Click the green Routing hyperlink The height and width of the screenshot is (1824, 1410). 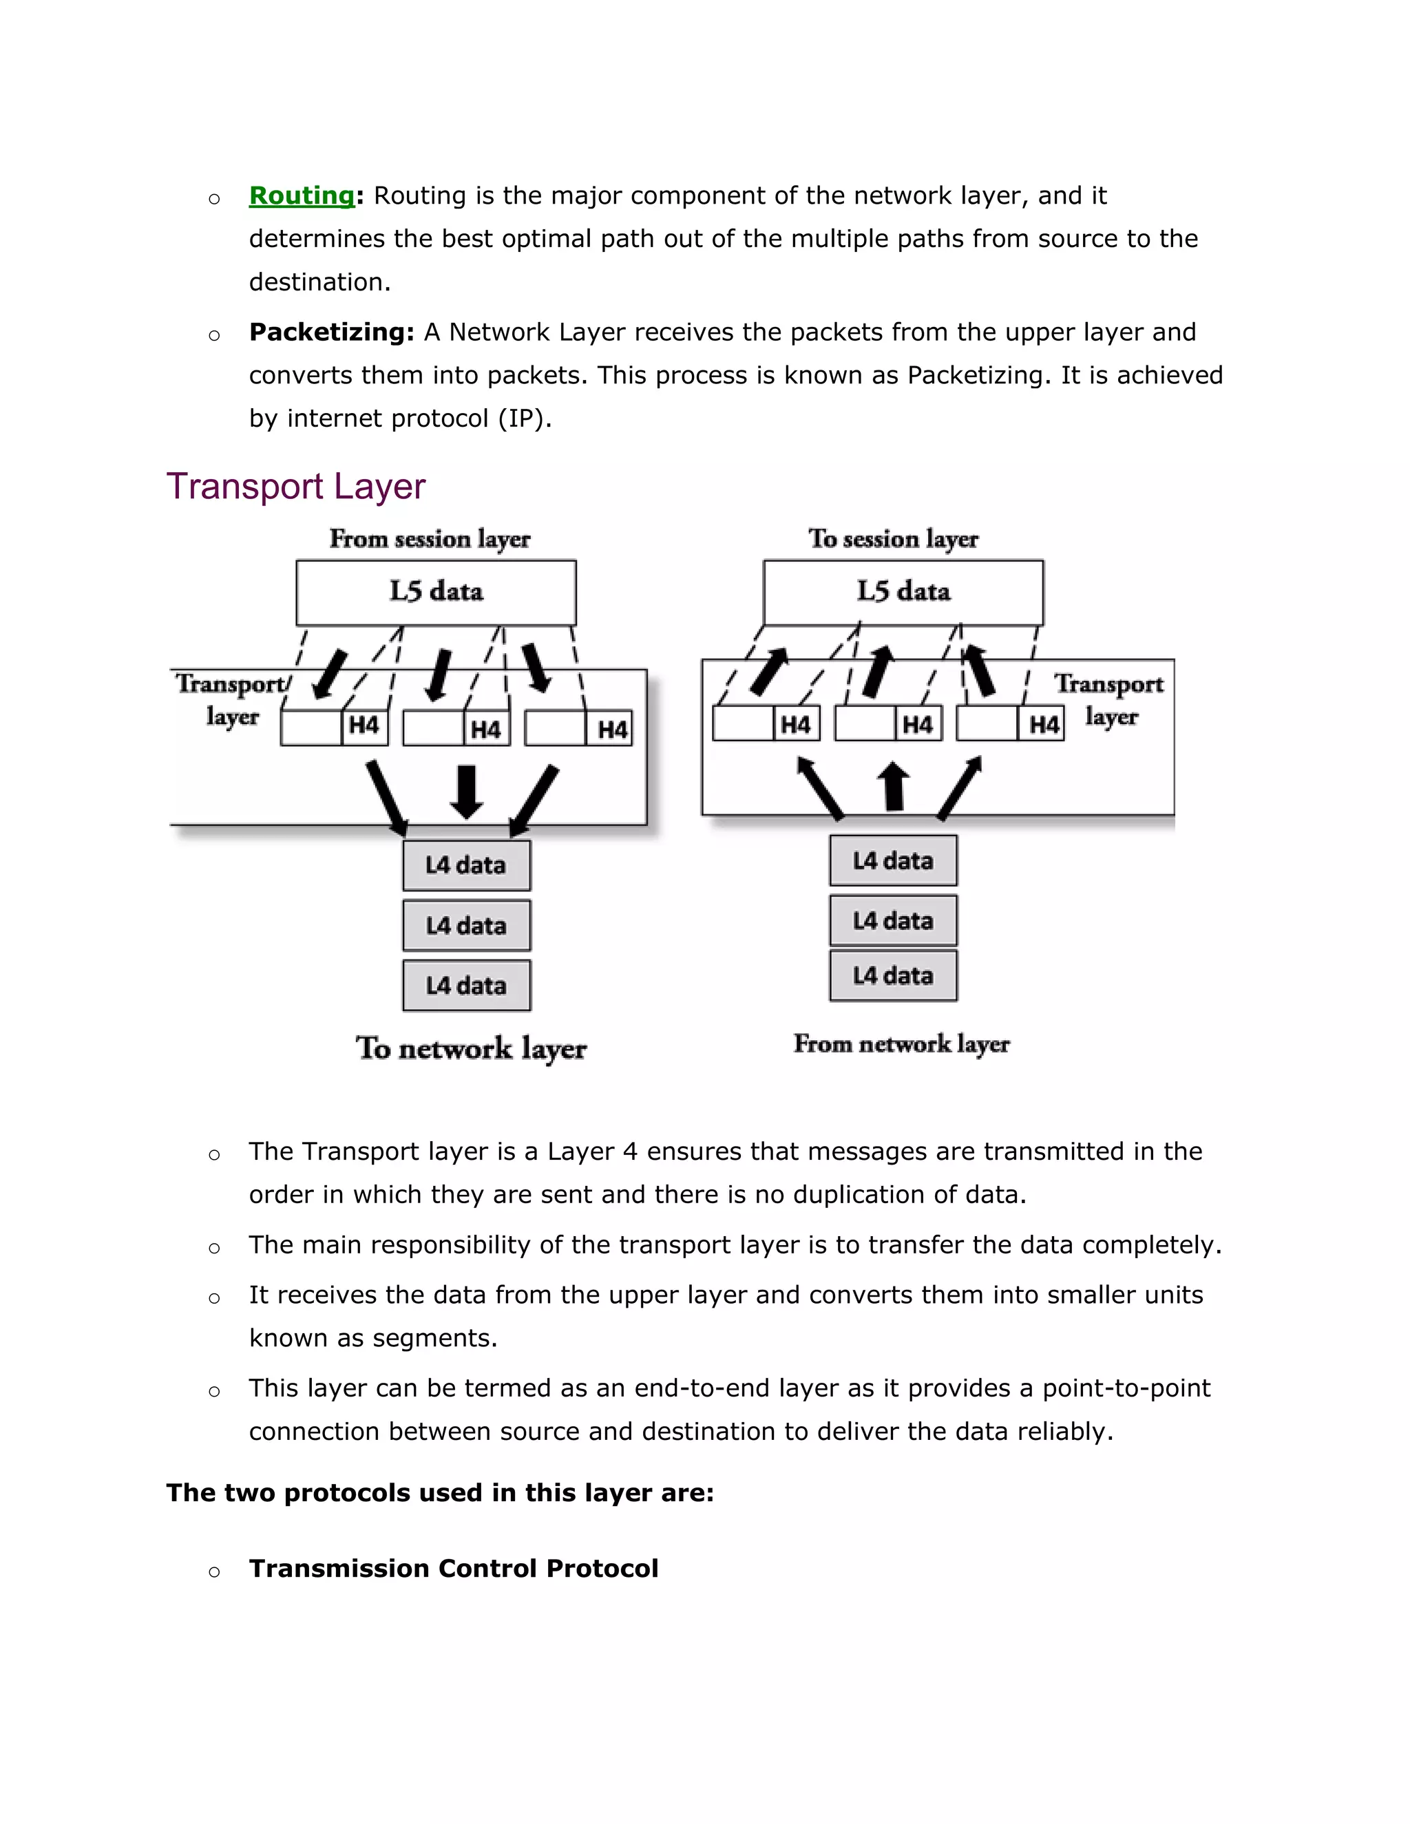302,195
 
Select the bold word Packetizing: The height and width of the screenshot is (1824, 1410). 332,332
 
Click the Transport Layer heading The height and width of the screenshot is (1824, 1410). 295,486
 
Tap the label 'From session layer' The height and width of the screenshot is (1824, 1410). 430,539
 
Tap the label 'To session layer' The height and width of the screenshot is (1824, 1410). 893,539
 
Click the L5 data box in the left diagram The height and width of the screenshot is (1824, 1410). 436,592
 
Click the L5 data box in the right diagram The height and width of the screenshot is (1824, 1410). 903,592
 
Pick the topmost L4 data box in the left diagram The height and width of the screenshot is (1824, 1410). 466,865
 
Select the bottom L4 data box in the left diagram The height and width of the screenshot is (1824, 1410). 466,986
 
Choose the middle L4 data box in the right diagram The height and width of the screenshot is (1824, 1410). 893,920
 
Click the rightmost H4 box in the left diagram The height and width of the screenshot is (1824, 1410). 611,729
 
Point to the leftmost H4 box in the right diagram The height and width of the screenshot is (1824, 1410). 795,724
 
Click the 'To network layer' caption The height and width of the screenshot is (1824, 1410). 471,1048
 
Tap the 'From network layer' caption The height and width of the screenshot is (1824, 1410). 901,1044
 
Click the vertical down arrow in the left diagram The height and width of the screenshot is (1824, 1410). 467,791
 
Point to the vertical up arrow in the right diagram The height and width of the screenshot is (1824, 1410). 894,786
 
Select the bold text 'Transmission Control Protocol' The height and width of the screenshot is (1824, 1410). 454,1569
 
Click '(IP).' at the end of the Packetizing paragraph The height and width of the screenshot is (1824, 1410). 525,418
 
